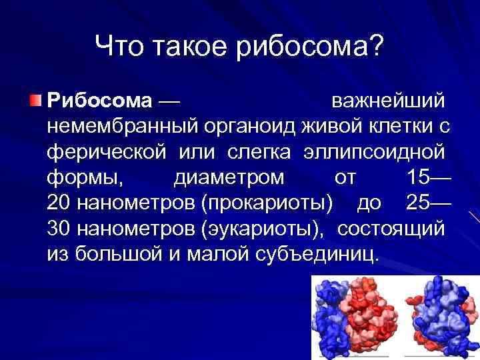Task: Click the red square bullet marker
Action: pyautogui.click(x=35, y=101)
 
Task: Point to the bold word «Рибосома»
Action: pyautogui.click(x=100, y=101)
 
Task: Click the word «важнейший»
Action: pyautogui.click(x=388, y=101)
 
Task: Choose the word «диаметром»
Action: pyautogui.click(x=229, y=177)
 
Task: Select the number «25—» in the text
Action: pyautogui.click(x=427, y=203)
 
